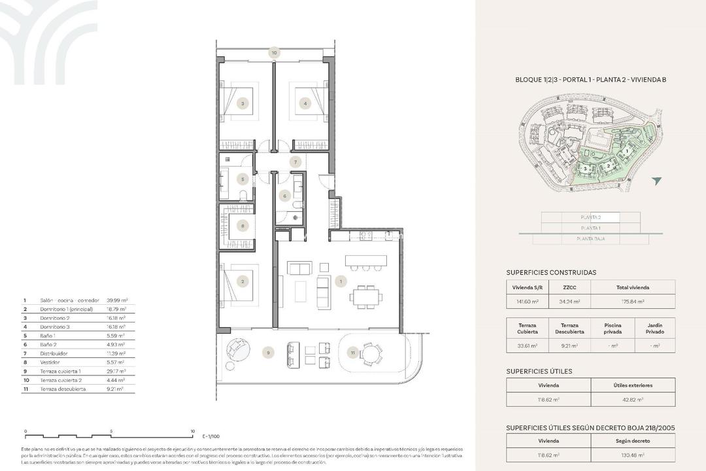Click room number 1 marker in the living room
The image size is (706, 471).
coord(340,282)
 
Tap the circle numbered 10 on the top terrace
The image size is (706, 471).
coord(274,52)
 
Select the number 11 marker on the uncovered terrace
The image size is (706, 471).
coord(352,353)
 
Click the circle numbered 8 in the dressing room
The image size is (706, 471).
coord(243,226)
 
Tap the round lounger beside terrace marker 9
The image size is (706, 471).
coord(238,350)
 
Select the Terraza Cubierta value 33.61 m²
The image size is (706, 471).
coord(528,345)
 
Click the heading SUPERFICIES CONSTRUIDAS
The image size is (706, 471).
coord(551,272)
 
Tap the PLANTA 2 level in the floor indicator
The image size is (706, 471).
coord(590,217)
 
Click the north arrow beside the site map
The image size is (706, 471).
coord(656,181)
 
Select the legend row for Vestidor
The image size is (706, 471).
coord(78,362)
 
